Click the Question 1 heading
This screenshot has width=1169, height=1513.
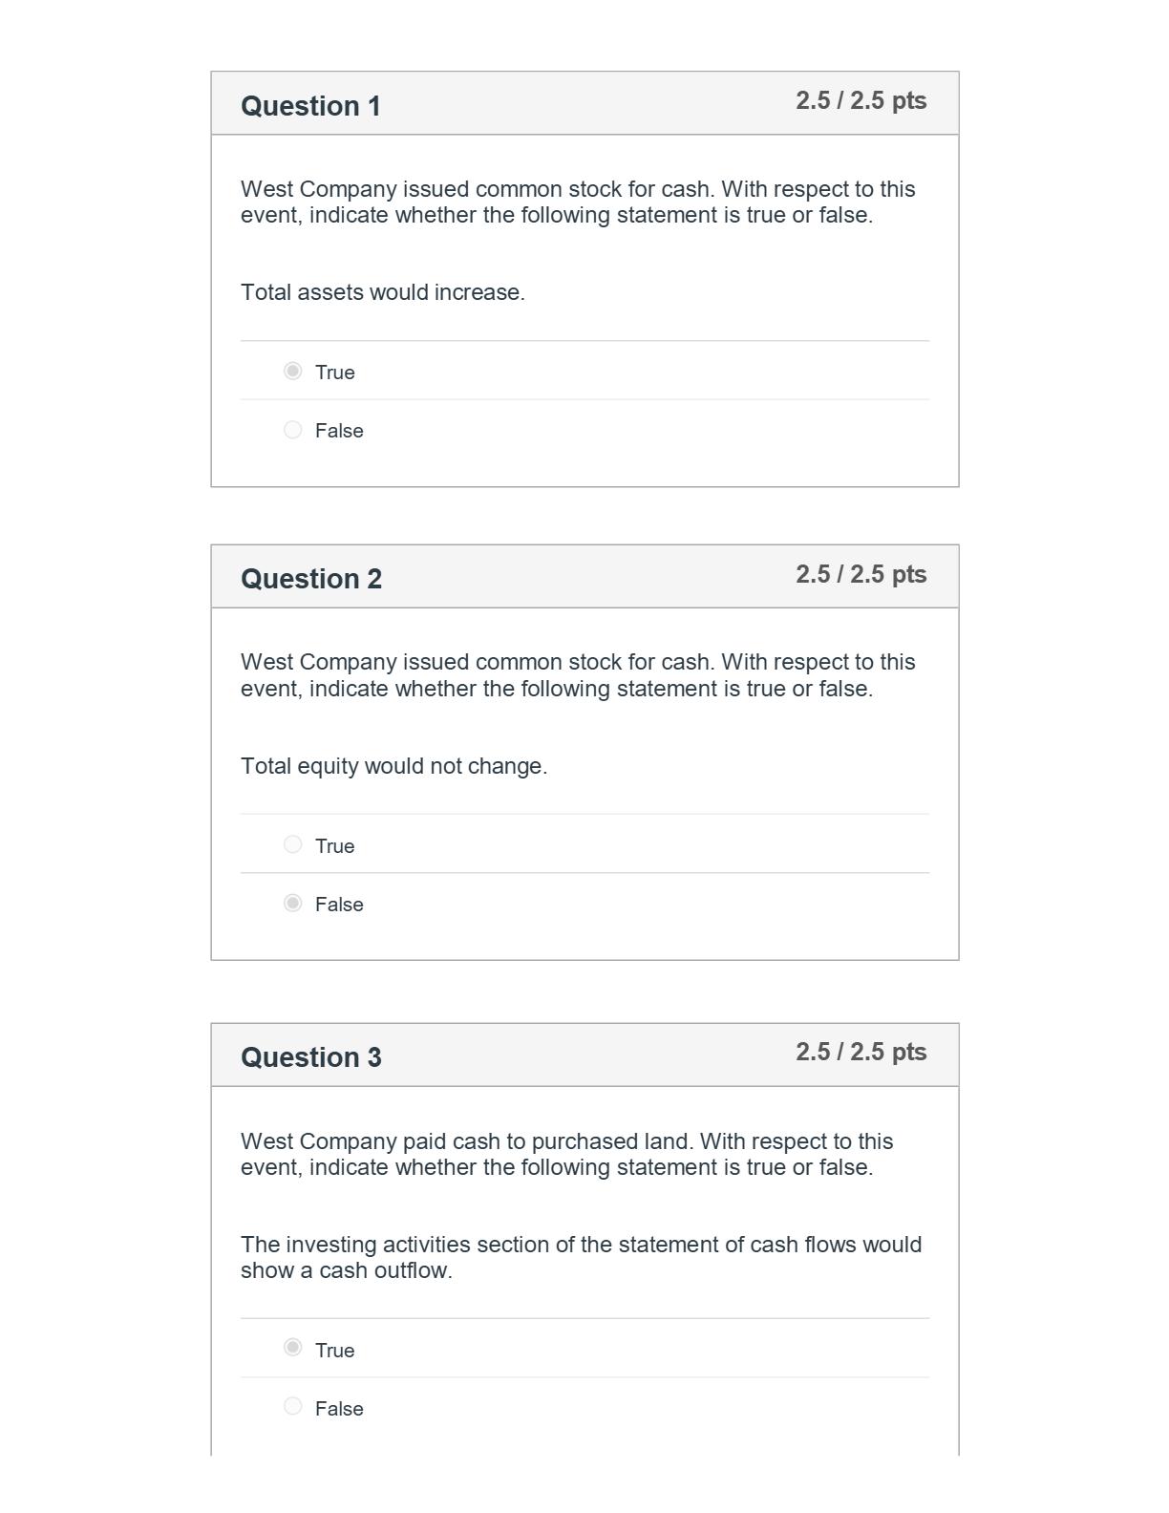tap(310, 106)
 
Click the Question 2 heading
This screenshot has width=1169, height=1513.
tap(310, 579)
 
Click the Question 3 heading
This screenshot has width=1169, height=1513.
tap(310, 1057)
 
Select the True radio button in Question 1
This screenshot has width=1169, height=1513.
tap(293, 371)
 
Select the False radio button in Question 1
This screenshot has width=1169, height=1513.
tap(293, 430)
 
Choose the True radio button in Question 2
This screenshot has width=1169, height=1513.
tap(293, 844)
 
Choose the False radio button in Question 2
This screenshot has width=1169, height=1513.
tap(293, 903)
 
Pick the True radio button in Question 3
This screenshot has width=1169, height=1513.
tap(293, 1348)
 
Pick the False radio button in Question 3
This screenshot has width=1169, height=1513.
tap(293, 1406)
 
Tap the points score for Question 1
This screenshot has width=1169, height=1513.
tap(861, 101)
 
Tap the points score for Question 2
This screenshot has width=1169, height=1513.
tap(861, 574)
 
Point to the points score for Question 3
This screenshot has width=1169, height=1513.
tap(861, 1052)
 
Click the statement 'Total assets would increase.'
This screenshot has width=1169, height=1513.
tap(382, 292)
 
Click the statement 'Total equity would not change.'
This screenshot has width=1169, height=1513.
tap(393, 766)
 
